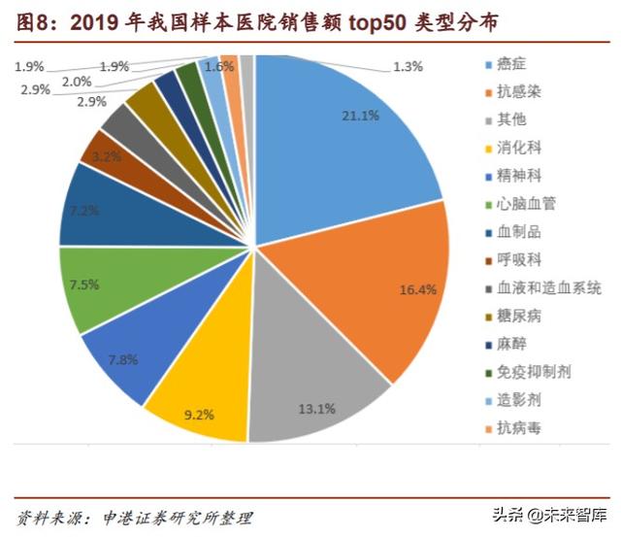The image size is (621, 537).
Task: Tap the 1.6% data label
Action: tap(220, 66)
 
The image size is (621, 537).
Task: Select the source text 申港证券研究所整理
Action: tap(170, 517)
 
